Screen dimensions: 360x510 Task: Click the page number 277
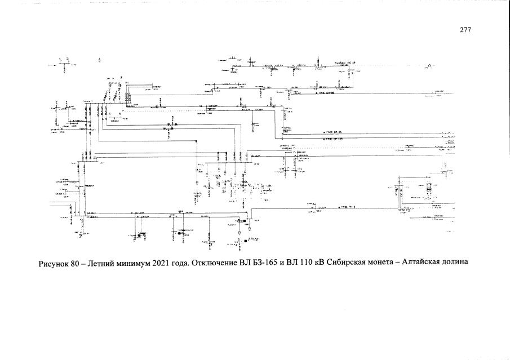465,30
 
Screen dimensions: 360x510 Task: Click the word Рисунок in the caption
54,264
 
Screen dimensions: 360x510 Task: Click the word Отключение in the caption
211,264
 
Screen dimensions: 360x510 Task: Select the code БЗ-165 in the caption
263,264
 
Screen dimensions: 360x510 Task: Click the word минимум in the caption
136,264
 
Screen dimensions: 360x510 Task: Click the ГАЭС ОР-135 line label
332,139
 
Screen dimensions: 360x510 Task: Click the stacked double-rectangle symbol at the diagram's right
429,190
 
